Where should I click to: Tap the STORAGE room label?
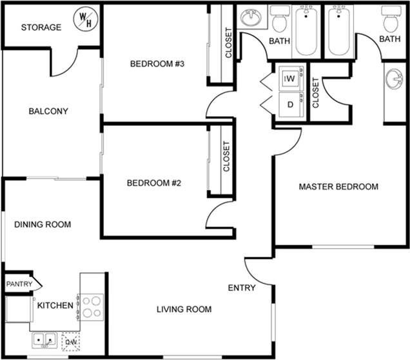tap(41, 28)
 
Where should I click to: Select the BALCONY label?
tap(48, 111)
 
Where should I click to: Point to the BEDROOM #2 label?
tap(153, 183)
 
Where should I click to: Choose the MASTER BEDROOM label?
tap(338, 187)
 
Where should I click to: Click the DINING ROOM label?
tap(43, 225)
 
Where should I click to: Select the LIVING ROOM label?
tap(184, 310)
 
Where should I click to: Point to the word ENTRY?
tap(242, 288)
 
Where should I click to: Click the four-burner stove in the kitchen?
tap(92, 306)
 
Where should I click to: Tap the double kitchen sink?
tap(44, 338)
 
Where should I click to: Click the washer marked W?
tap(291, 78)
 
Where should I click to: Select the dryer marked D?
tap(291, 104)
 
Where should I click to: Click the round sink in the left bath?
tap(251, 19)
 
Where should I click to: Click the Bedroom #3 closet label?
tap(228, 43)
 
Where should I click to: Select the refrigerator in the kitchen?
tap(17, 308)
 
